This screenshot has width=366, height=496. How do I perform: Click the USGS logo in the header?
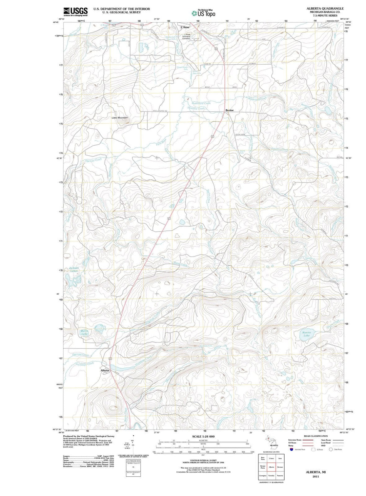point(75,12)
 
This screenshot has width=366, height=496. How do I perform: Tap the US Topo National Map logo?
point(203,13)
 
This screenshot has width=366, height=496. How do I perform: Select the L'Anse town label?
point(185,27)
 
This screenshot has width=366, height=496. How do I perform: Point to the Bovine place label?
point(229,110)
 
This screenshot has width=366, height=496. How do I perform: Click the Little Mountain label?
point(120,118)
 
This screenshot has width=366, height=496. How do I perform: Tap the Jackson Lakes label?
point(74,269)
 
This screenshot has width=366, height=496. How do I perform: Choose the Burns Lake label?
point(84,332)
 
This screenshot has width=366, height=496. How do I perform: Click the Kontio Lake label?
point(306,334)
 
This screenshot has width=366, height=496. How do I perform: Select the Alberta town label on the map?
point(105,370)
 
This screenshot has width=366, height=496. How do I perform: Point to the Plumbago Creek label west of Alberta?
point(85,364)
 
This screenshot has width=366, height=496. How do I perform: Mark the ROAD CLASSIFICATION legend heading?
point(316,436)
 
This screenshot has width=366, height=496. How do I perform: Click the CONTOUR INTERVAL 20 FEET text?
point(203,460)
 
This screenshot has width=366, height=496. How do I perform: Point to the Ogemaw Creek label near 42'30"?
point(94,160)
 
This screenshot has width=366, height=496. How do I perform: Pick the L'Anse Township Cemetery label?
point(186,36)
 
